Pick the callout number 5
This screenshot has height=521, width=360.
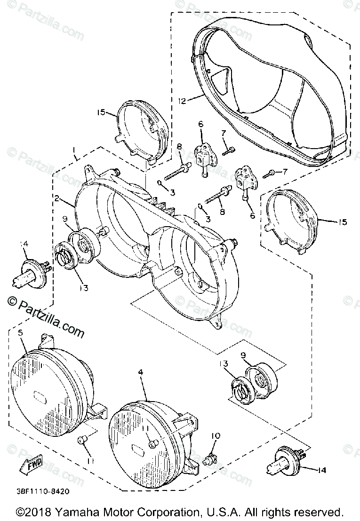(x=20, y=332)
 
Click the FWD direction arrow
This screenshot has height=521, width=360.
(x=31, y=465)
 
